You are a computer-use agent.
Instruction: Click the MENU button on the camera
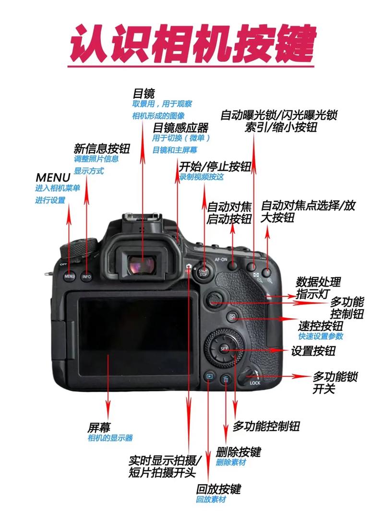click(69, 277)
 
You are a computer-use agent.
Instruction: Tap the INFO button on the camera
click(86, 277)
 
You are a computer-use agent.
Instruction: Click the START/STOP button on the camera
click(204, 273)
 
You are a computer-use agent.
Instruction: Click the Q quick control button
click(232, 317)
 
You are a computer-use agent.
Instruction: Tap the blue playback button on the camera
click(209, 377)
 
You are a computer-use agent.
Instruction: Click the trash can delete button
click(226, 379)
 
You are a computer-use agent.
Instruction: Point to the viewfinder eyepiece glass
click(143, 264)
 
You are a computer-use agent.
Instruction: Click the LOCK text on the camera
click(255, 383)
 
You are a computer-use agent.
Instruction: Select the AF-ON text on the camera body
click(221, 258)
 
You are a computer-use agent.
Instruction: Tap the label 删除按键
click(238, 452)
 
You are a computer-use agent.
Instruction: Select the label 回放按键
click(218, 489)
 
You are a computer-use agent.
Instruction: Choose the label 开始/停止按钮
click(215, 166)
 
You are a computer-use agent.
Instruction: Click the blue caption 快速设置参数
click(321, 337)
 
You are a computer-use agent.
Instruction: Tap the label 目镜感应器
click(180, 128)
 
